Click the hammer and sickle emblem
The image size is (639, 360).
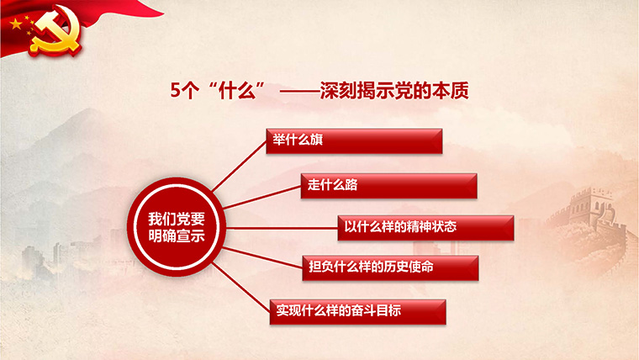pos(55,31)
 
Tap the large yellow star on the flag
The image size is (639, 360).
pos(16,24)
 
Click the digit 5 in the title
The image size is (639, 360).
pos(175,90)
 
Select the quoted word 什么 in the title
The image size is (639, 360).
pos(237,90)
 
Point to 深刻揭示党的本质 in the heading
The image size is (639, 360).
pos(394,90)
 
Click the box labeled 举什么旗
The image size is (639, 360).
pos(354,141)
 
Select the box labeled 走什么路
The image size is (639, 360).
pos(388,186)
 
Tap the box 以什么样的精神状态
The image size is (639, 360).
pos(425,228)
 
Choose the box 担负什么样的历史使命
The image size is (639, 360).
pos(390,267)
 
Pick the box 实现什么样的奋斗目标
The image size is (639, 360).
pos(358,312)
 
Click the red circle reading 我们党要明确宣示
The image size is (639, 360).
pos(177,227)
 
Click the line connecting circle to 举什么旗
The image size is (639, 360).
pos(240,166)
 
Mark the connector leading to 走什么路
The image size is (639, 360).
pos(262,198)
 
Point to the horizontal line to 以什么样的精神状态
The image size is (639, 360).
pos(282,228)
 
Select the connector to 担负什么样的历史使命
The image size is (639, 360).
pos(262,257)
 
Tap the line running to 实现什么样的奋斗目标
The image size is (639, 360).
pos(240,288)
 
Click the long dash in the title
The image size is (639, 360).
pos(299,92)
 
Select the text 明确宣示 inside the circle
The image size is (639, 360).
pos(177,236)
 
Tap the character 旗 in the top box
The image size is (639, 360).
pos(316,140)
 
